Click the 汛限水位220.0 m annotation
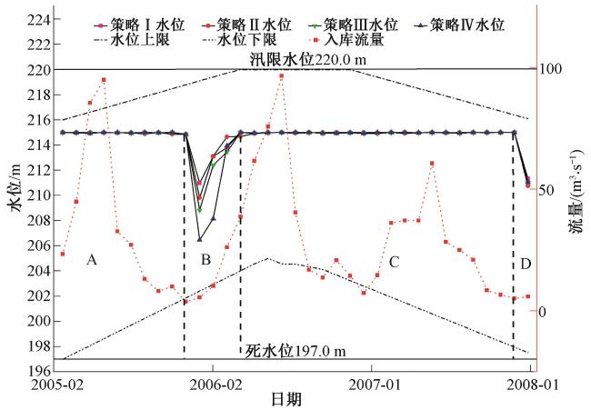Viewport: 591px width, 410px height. tap(306, 58)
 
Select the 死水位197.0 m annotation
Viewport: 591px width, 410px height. tap(295, 352)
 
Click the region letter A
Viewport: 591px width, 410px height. tap(91, 261)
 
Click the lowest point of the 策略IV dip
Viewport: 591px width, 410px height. tap(199, 238)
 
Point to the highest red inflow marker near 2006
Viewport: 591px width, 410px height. tap(282, 76)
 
